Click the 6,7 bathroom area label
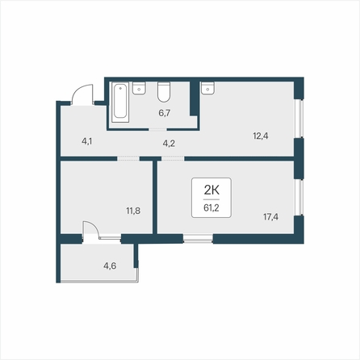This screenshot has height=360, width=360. pos(164,113)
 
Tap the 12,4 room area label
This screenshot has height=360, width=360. pos(261,136)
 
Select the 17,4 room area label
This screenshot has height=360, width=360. pos(270,216)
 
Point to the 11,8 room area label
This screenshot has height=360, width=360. pos(133,211)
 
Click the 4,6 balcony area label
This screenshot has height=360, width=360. pos(110,266)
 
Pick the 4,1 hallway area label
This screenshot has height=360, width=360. pos(86,141)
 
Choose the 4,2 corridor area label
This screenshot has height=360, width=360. pos(169,144)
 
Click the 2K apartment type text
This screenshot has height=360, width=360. pos(211,190)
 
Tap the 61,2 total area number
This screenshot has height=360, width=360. pos(211,207)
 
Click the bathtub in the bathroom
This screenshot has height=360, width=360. pos(120,103)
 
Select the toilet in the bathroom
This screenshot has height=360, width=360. pos(164,92)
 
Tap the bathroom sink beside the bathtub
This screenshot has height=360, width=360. pos(139,88)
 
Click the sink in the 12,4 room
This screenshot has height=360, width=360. pos(207,88)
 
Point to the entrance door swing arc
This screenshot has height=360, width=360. pos(80,90)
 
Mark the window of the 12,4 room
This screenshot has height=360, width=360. pos(299,119)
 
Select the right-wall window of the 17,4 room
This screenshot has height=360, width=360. pos(299,197)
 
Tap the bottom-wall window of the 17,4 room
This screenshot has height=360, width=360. pos(198,239)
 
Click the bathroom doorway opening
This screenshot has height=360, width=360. pos(157,129)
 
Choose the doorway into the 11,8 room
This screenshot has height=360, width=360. pos(128,159)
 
